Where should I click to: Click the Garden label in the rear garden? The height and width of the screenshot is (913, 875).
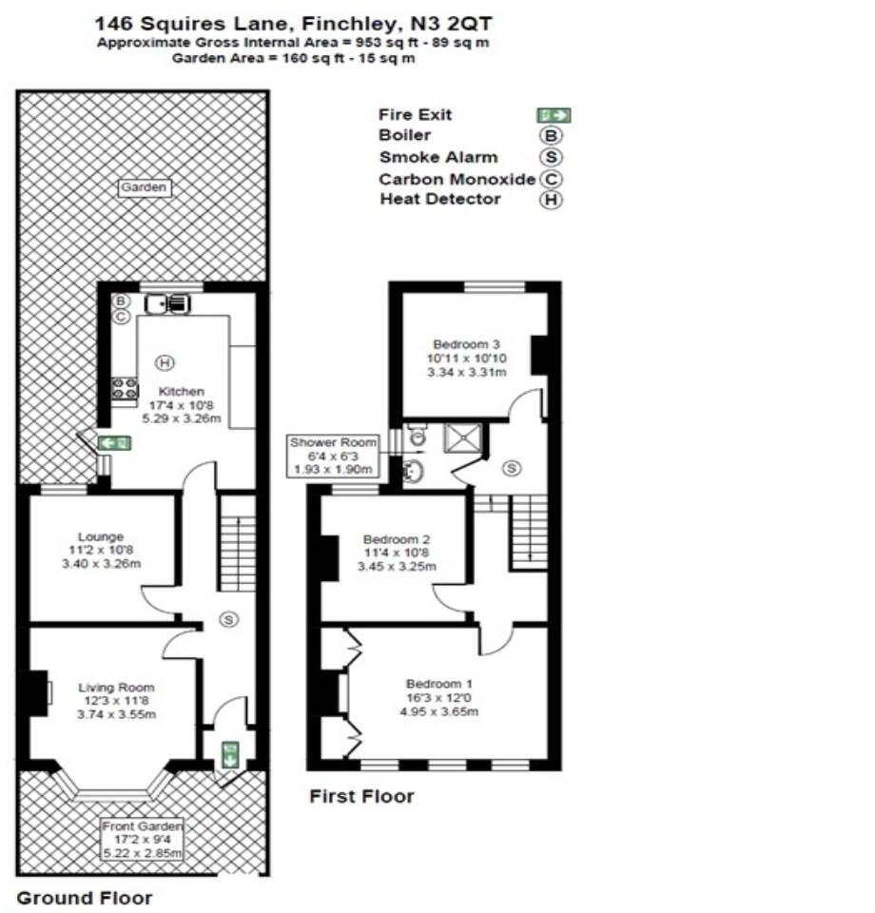pos(145,187)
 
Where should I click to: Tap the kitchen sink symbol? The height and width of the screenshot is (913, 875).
pos(169,303)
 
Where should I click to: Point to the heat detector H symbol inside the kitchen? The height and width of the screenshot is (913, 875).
pos(165,362)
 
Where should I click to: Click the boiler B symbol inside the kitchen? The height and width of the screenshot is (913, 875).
pos(121,301)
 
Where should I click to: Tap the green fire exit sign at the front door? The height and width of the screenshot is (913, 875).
pos(229,755)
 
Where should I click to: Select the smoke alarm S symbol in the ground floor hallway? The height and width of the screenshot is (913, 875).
pos(227,620)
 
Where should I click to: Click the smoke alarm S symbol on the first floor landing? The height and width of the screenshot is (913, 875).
pos(513,468)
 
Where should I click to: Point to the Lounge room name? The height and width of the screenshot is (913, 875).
pos(102,537)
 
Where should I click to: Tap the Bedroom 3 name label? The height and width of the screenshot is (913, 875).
pos(466,344)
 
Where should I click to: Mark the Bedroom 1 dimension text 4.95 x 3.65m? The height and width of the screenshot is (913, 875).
pos(438,711)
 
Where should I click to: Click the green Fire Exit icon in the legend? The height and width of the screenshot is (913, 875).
pos(554,115)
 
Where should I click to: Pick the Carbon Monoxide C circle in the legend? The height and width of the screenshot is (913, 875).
pos(551,178)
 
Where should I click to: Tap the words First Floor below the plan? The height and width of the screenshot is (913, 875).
pos(361,796)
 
